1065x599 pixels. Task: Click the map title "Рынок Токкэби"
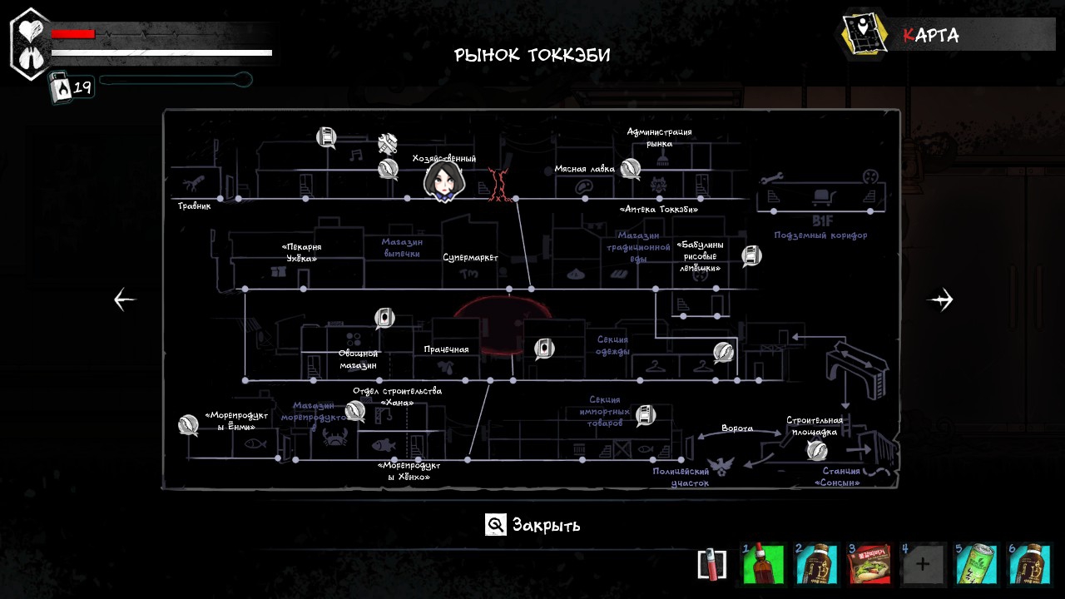tap(532, 55)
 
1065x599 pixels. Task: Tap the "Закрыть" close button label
tap(546, 525)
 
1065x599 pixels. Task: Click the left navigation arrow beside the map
tap(125, 299)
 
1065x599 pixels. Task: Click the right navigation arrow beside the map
tap(940, 299)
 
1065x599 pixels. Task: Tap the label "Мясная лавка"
tap(584, 169)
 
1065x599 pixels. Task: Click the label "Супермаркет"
tap(470, 258)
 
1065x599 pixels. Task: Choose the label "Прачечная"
tap(446, 349)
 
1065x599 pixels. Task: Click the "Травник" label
tap(194, 205)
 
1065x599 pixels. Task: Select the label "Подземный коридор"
tap(820, 235)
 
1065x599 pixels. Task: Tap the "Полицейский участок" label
tap(681, 477)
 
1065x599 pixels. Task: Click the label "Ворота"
tap(737, 428)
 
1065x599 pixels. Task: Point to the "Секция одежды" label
tap(612, 345)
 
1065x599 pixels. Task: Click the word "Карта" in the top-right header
tap(931, 35)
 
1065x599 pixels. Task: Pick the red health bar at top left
tap(73, 34)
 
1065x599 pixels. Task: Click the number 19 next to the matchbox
tap(82, 87)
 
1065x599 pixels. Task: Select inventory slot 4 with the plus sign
tap(923, 564)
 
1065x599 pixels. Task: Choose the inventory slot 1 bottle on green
tap(763, 564)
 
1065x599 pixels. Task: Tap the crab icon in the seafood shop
tap(334, 438)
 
